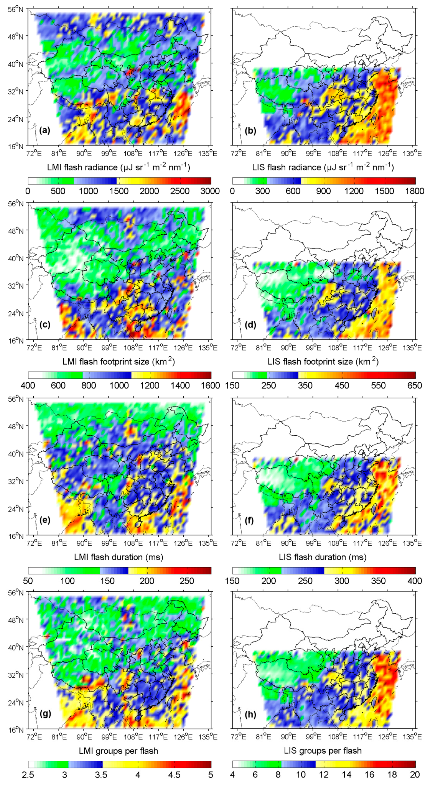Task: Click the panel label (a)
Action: (x=45, y=130)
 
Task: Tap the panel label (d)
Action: (x=250, y=325)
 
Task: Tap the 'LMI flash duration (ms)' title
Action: (x=118, y=557)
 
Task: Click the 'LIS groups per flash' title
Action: (x=323, y=751)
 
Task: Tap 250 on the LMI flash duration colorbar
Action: (x=187, y=581)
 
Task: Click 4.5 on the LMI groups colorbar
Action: (x=174, y=775)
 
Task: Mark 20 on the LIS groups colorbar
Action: (x=415, y=775)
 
